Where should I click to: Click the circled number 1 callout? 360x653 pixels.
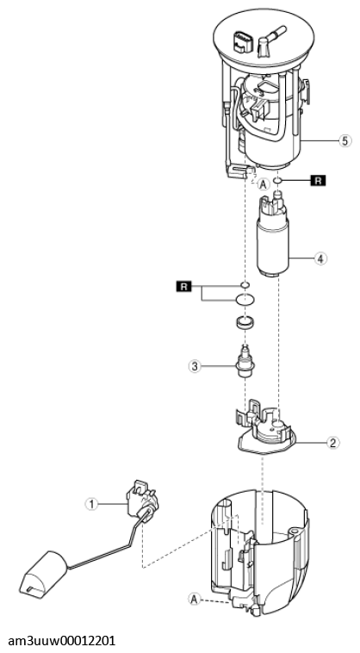91,504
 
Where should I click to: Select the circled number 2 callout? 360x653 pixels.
332,442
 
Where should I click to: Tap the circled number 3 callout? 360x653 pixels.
195,366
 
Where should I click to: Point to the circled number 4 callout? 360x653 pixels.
320,258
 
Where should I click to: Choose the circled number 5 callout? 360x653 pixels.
344,141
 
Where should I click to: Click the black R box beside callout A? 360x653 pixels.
318,181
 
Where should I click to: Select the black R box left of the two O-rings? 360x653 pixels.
184,287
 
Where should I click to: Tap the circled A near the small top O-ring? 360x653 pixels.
263,183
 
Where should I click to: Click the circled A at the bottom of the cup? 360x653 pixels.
194,600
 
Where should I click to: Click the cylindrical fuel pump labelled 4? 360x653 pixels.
274,236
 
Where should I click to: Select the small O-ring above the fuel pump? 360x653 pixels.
277,181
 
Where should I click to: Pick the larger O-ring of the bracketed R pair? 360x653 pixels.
245,299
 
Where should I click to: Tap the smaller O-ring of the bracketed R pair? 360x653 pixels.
245,285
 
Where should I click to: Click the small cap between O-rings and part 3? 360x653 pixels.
245,323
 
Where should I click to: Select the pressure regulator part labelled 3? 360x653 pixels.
245,362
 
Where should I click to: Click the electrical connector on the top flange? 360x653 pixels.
243,40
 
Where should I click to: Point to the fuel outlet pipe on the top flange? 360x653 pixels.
270,42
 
